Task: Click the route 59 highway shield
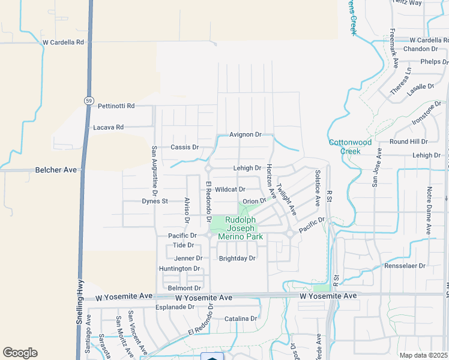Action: [x=88, y=100]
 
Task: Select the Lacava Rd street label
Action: [x=108, y=127]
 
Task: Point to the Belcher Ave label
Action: [x=56, y=170]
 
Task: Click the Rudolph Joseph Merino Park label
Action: [x=244, y=228]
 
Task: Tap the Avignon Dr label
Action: [x=246, y=134]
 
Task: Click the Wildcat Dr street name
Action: [x=231, y=189]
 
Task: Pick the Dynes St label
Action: [x=155, y=201]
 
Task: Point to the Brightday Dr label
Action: [x=237, y=258]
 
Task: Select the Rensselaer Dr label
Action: [x=405, y=265]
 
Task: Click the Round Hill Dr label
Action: [x=408, y=142]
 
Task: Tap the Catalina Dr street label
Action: [x=240, y=319]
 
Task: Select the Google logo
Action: [x=20, y=353]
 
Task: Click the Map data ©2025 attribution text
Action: [x=423, y=355]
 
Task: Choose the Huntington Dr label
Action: [x=179, y=268]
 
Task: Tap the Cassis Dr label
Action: [x=184, y=147]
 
